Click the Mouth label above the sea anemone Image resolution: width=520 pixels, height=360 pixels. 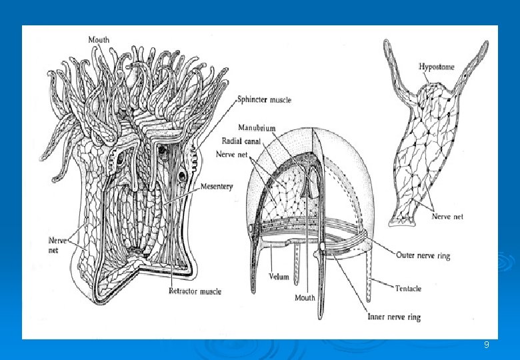[99, 40]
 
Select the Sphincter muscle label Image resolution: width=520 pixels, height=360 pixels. [264, 100]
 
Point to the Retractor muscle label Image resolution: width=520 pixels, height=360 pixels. [195, 291]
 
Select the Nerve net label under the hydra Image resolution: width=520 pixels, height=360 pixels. [448, 216]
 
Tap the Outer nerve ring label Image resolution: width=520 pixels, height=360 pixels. [423, 255]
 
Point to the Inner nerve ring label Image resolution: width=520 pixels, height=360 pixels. [394, 317]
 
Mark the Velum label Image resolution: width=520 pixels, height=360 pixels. [278, 275]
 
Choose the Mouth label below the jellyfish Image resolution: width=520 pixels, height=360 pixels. [305, 297]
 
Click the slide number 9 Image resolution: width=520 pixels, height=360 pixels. [486, 345]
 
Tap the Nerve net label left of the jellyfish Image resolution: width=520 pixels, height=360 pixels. [233, 153]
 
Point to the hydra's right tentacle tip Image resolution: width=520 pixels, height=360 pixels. [486, 45]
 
